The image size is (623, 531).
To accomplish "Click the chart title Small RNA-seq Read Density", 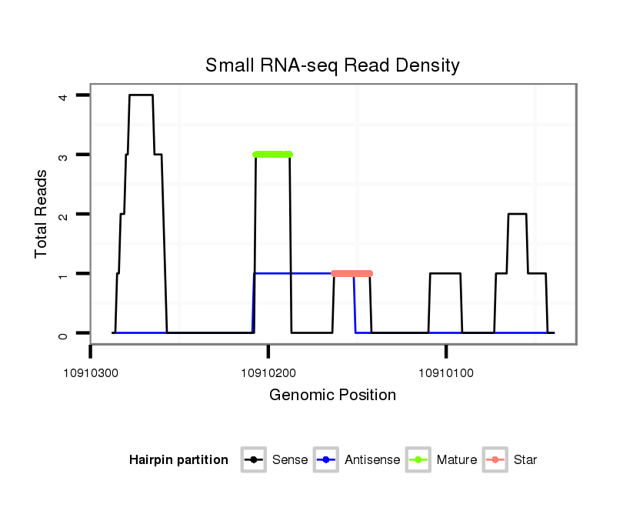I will coord(332,65).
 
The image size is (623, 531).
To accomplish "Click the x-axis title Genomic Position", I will coord(332,396).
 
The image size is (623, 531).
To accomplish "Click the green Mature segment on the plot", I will coord(273,155).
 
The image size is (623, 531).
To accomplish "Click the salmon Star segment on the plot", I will coord(351,273).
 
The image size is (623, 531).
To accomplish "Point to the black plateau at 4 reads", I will coord(141,95).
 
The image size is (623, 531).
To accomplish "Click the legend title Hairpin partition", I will coord(178,460).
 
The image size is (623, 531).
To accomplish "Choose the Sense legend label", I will coord(290,460).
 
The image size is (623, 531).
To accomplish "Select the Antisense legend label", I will coord(372,460).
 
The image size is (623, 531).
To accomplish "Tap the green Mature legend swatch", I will coord(418,460).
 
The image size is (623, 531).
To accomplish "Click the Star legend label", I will coord(525,460).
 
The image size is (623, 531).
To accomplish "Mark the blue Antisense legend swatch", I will coord(326,460).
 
